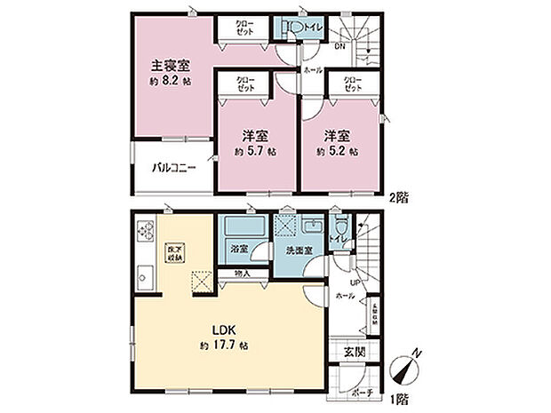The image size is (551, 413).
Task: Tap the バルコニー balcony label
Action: (172, 166)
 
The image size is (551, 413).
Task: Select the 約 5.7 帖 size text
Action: (255, 152)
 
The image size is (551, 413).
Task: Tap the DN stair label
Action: (339, 47)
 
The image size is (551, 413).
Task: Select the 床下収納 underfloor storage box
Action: (174, 253)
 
